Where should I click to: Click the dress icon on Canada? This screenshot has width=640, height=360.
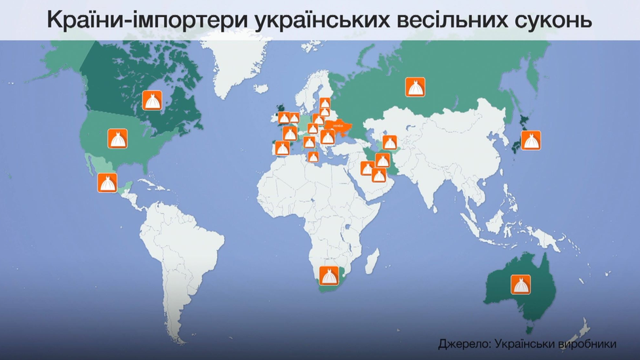[152, 100]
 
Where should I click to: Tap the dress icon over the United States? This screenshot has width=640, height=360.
[117, 138]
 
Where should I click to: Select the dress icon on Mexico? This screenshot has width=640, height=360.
[107, 183]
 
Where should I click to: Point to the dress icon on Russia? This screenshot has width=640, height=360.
[415, 87]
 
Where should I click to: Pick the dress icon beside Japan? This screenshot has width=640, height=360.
[530, 140]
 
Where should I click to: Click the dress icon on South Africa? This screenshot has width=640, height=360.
[329, 275]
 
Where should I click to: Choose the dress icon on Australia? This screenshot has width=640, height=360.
[521, 284]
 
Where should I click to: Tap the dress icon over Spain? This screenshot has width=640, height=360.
[282, 148]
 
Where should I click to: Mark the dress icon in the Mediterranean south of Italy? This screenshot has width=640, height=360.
[313, 157]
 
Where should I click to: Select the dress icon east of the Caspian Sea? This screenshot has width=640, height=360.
[390, 142]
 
